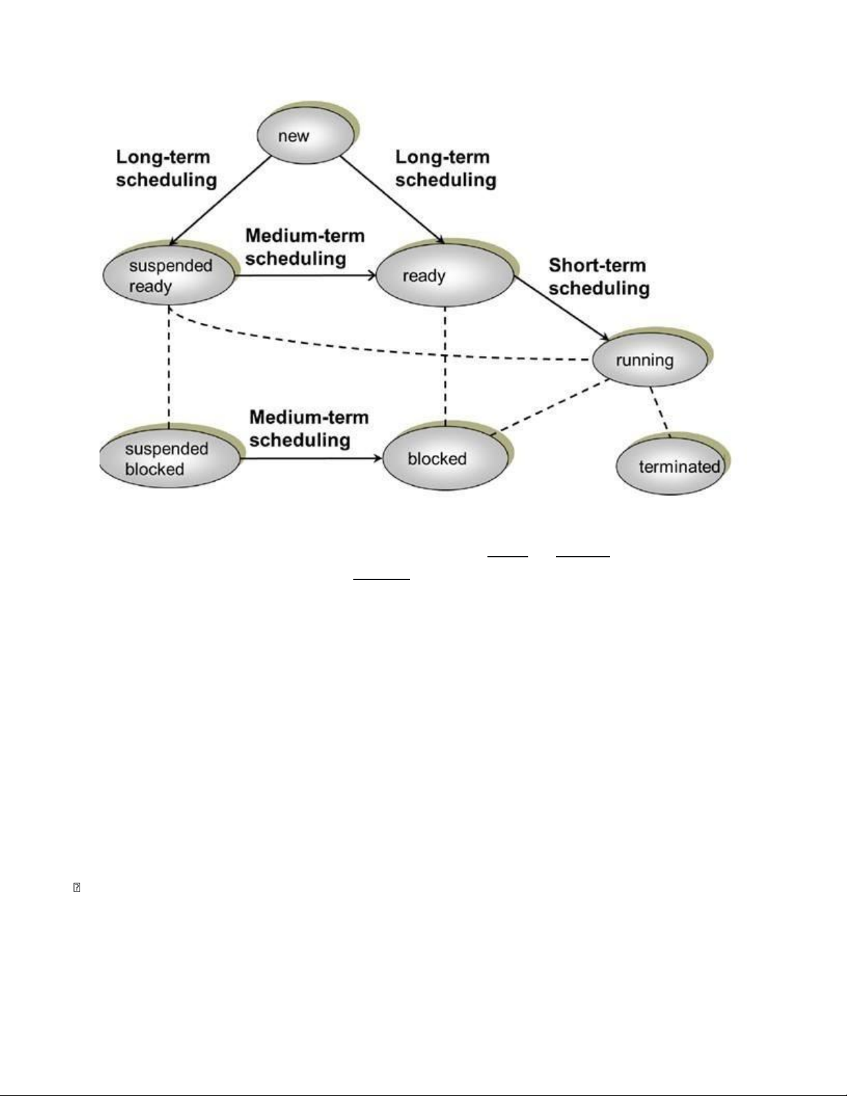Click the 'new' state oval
[306, 135]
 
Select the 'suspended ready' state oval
[169, 275]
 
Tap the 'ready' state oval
[445, 275]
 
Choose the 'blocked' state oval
[446, 458]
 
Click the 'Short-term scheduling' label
[599, 277]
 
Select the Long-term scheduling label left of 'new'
[167, 169]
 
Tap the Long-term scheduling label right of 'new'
[446, 169]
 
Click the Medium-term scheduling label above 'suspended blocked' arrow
[309, 429]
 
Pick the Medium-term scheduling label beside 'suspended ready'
[305, 247]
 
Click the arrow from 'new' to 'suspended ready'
[221, 201]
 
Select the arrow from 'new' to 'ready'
[392, 200]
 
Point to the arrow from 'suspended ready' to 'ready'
[306, 275]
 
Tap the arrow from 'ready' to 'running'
[561, 308]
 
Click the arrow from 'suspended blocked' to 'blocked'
[310, 458]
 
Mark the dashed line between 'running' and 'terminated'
[660, 411]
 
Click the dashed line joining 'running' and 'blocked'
[550, 407]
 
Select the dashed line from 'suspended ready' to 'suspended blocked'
[169, 366]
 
